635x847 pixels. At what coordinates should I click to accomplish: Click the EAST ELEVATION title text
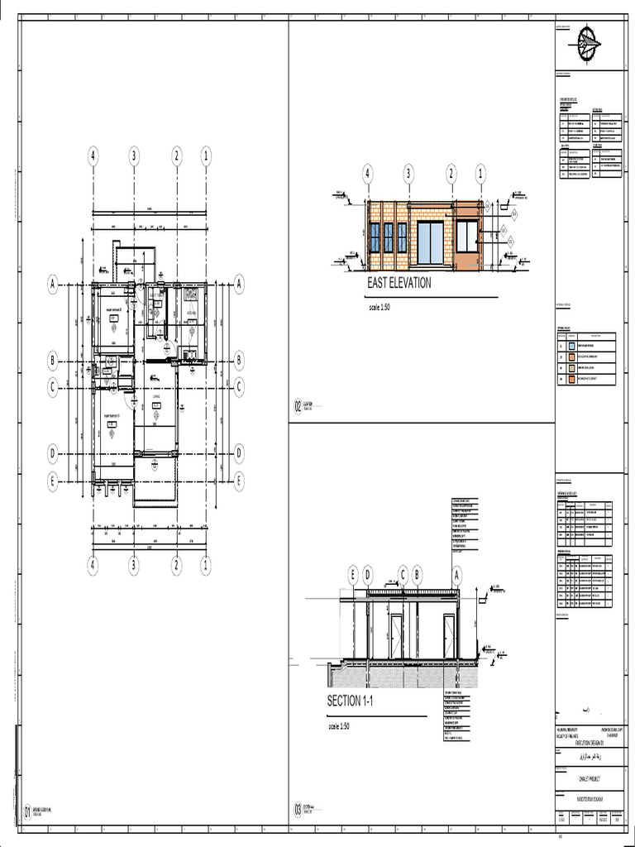[x=399, y=283]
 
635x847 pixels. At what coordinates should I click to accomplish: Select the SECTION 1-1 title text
[x=356, y=701]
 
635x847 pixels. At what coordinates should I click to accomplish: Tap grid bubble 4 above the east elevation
[x=368, y=174]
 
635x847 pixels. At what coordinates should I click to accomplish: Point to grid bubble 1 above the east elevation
[x=480, y=174]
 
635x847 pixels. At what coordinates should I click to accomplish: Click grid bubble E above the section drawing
[x=353, y=574]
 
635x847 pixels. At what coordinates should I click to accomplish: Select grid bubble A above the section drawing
[x=456, y=574]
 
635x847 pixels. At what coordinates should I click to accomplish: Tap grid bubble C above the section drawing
[x=403, y=574]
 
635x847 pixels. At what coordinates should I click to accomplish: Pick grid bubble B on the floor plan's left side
[x=52, y=361]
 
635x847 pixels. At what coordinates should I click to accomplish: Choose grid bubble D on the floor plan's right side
[x=240, y=453]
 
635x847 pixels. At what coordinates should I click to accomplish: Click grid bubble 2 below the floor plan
[x=176, y=566]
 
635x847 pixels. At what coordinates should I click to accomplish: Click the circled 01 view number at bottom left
[x=26, y=813]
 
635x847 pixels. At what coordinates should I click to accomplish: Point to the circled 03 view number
[x=298, y=811]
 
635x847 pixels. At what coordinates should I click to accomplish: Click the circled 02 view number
[x=298, y=406]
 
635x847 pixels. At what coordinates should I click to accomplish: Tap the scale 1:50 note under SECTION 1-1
[x=340, y=726]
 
